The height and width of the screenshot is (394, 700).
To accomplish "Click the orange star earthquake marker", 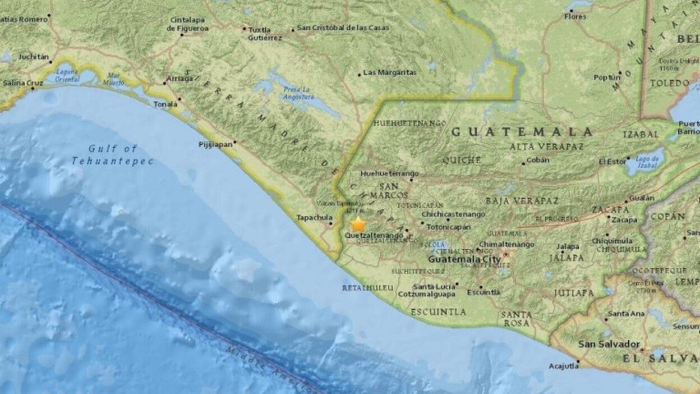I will coord(358,225).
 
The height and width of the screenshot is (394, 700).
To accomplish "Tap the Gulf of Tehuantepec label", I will coord(112,155).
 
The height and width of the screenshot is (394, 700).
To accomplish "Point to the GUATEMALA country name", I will coord(522,132).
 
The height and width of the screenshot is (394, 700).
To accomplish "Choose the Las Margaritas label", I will coord(390,72).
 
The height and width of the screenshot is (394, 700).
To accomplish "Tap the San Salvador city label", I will coord(609,343).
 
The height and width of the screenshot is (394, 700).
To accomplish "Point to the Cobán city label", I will coord(538,160).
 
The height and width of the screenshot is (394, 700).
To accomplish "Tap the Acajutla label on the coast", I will coord(563,366).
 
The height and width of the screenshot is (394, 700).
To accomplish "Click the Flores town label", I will coord(575,16).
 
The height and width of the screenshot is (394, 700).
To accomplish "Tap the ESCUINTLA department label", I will coord(438,311).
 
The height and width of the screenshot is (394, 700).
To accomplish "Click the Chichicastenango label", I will coord(453,214).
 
